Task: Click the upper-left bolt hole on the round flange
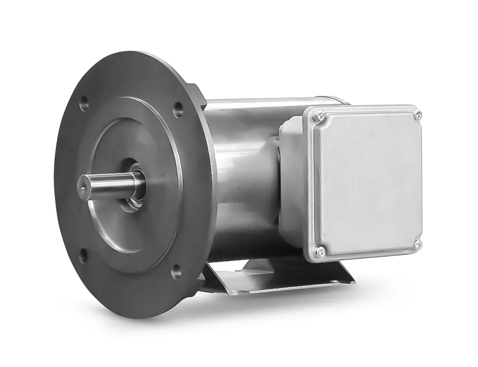pos(84,102)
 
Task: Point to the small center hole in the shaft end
pos(86,183)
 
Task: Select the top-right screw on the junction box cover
pos(418,114)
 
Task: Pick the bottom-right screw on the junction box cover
pos(419,245)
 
